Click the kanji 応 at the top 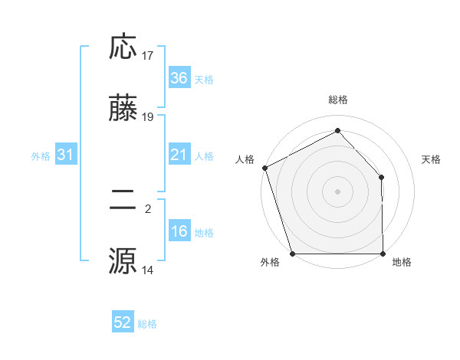[123, 48]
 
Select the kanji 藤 [123, 110]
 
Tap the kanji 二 [123, 201]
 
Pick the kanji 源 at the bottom [123, 260]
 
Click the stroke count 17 [148, 56]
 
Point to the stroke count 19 [148, 117]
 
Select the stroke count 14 [148, 270]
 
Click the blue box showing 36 [179, 78]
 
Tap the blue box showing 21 [179, 155]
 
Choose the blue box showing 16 [179, 232]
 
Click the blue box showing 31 [66, 155]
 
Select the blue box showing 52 [123, 323]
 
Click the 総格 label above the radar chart [338, 100]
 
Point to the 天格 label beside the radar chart [432, 159]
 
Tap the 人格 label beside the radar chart [245, 159]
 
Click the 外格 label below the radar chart [270, 263]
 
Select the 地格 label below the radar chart [402, 263]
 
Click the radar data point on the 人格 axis [264, 168]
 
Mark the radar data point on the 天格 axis [382, 178]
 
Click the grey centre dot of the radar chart [338, 191]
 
